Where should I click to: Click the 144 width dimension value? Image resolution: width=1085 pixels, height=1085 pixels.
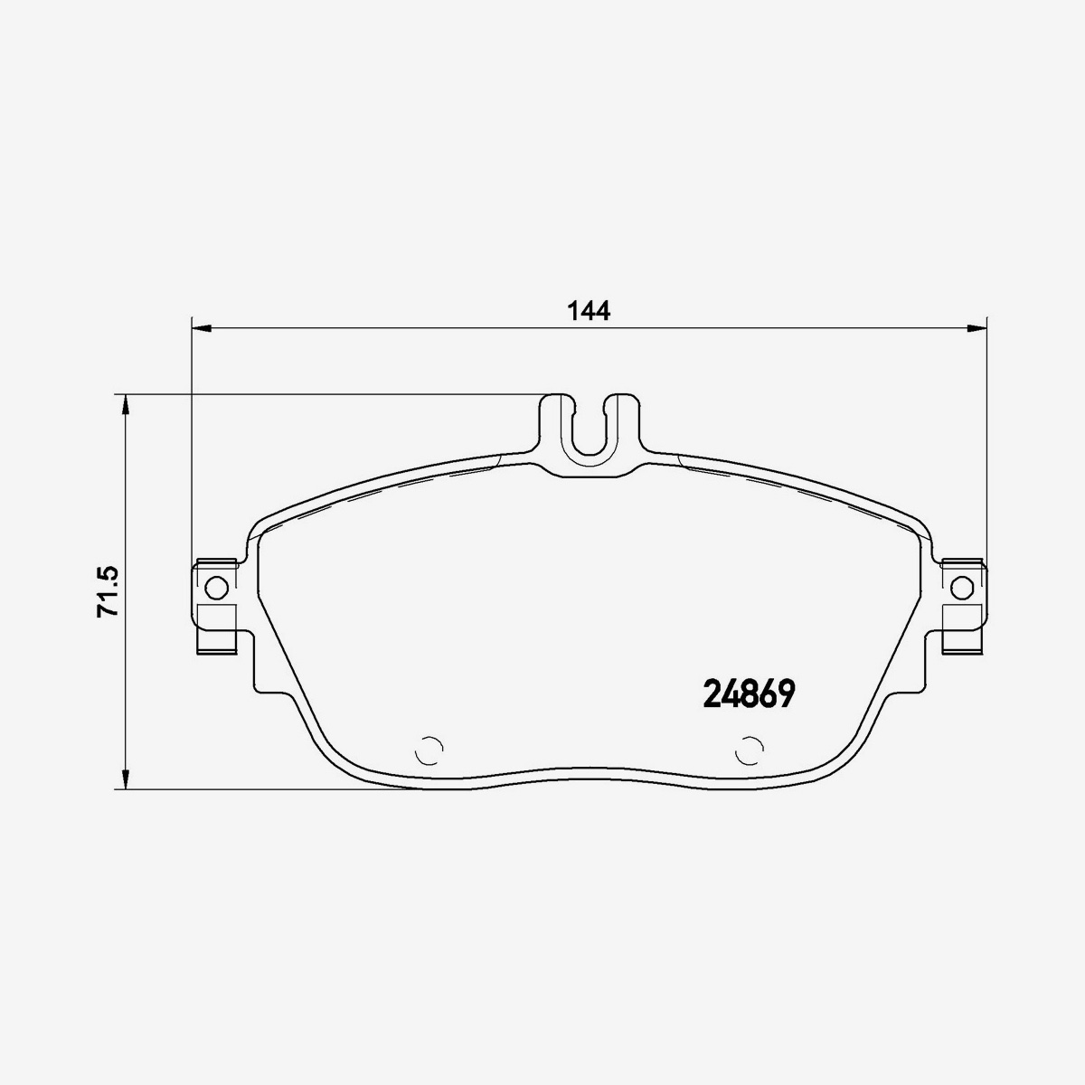tap(589, 310)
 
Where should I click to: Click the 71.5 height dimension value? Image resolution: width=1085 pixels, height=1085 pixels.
tap(108, 591)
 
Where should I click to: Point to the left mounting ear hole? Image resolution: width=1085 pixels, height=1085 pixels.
tap(217, 588)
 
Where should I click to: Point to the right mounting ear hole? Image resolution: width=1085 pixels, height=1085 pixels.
tap(962, 588)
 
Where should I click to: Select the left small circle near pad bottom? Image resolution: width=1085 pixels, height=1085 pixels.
tap(429, 750)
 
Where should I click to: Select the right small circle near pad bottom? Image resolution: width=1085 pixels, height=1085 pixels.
tap(750, 750)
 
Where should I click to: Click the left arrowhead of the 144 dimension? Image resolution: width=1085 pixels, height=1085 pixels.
tap(201, 327)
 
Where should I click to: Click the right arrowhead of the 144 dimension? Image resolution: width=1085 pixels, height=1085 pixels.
tap(977, 327)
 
